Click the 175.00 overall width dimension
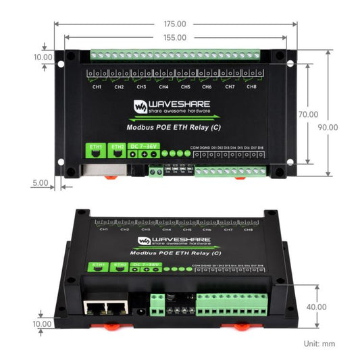tap(175, 24)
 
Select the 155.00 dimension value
tap(175, 38)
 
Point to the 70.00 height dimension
tap(309, 115)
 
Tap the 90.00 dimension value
tap(328, 127)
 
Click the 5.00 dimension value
tap(40, 182)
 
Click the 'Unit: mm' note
tap(319, 344)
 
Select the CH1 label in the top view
tap(97, 86)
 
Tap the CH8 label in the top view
tap(252, 86)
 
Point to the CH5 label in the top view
tap(186, 86)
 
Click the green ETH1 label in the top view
tap(95, 147)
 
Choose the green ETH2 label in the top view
tap(117, 147)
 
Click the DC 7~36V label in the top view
tap(144, 147)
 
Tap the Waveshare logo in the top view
tap(172, 106)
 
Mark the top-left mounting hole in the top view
tap(69, 58)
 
